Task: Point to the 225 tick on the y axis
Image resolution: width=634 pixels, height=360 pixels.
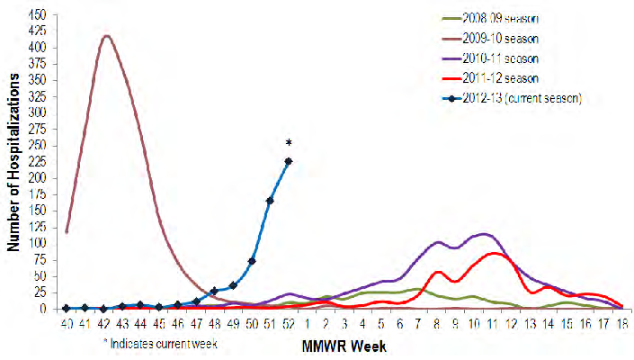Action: pyautogui.click(x=38, y=162)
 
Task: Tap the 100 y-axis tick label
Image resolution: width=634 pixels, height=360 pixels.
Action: pyautogui.click(x=38, y=243)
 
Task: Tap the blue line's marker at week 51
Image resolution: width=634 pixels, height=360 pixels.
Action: pyautogui.click(x=270, y=200)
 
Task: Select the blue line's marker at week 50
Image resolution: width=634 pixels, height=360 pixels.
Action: pyautogui.click(x=252, y=261)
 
